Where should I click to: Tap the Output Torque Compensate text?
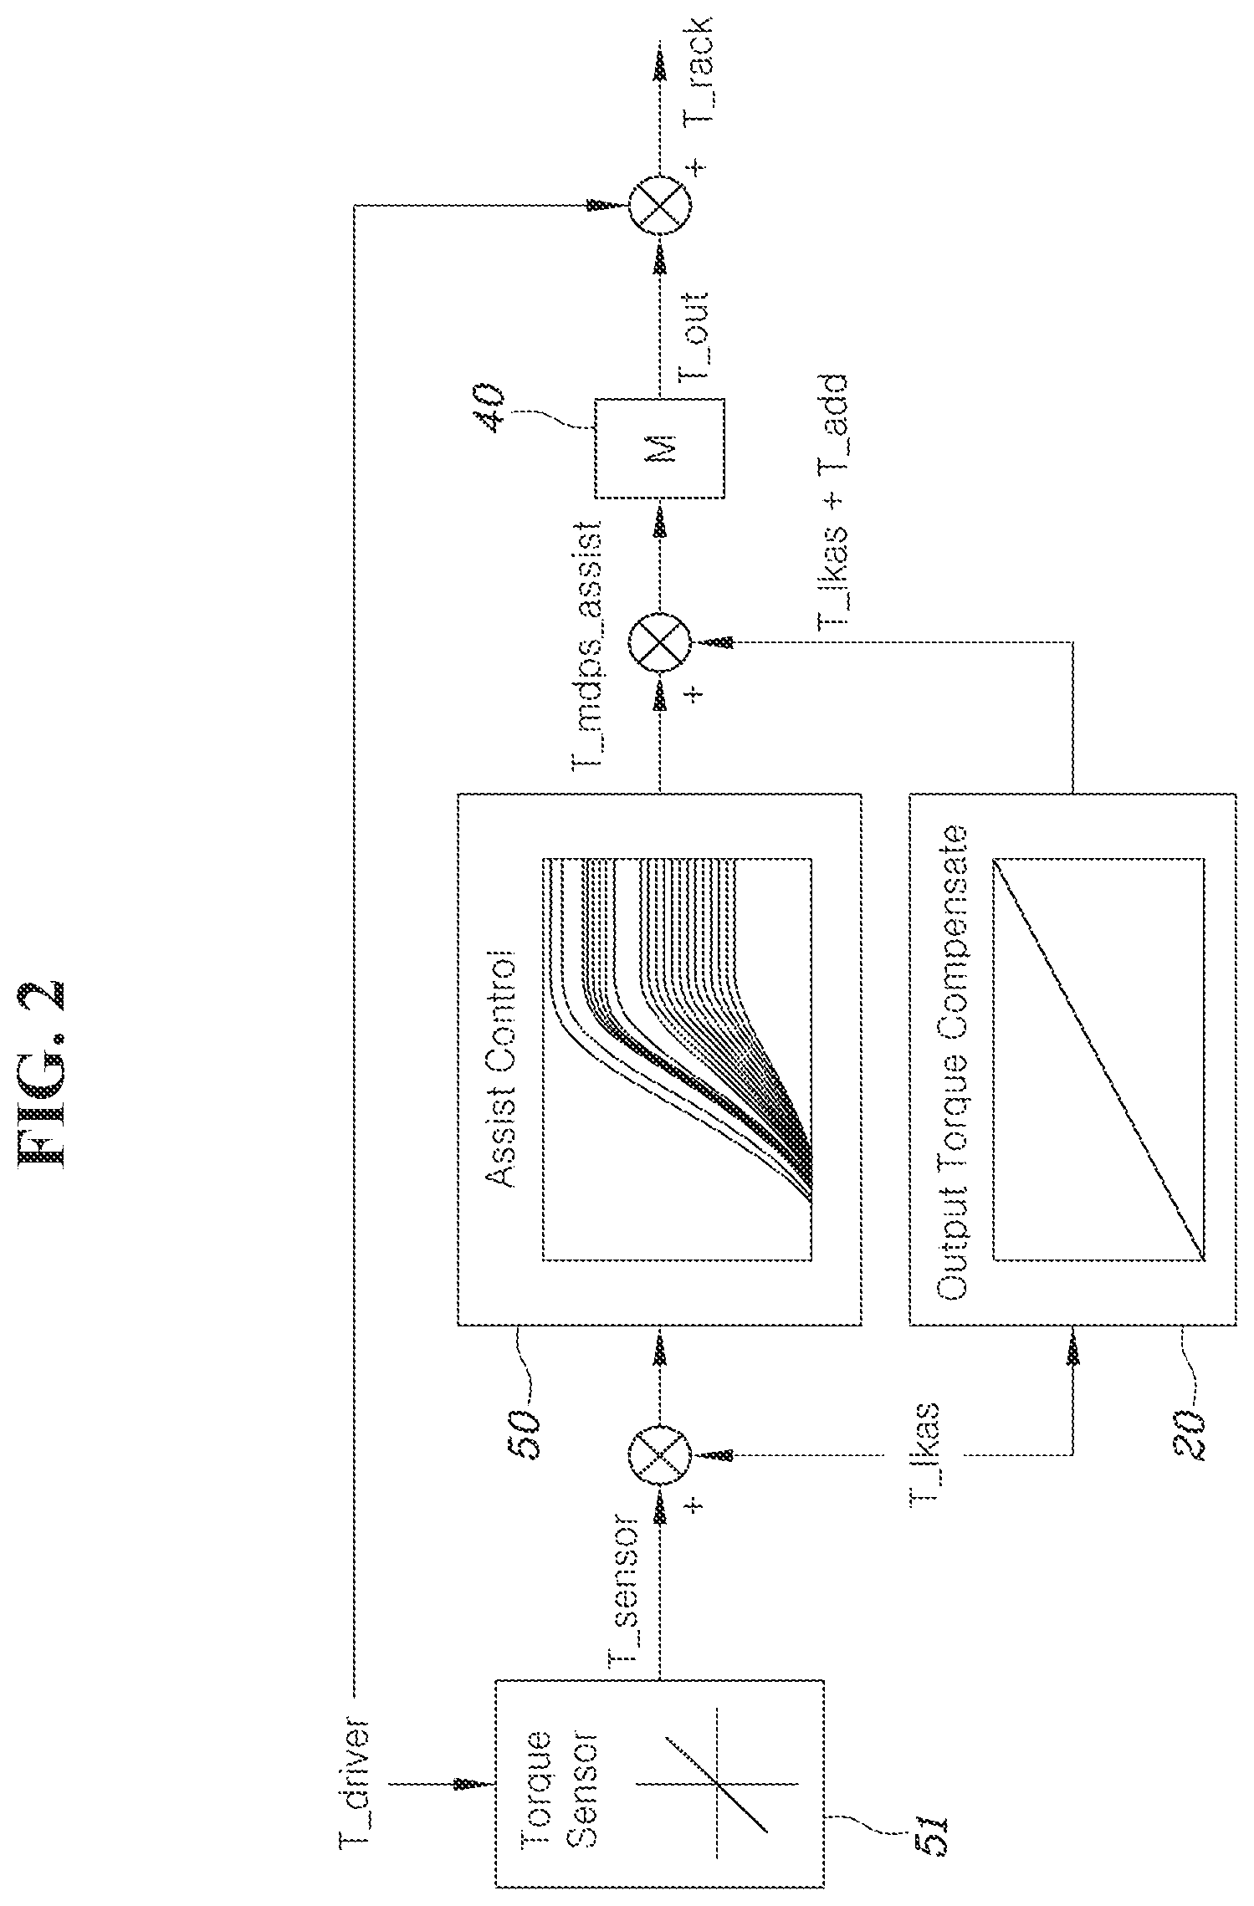[954, 1064]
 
